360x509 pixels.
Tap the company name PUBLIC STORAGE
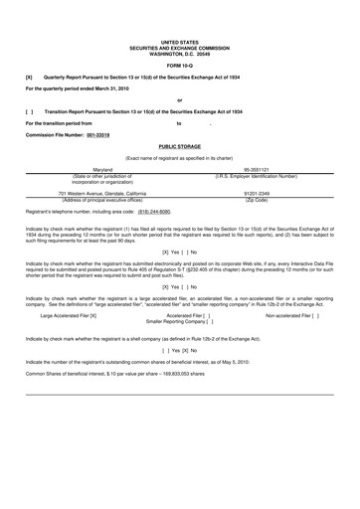[x=179, y=145]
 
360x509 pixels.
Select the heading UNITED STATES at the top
[x=179, y=41]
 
